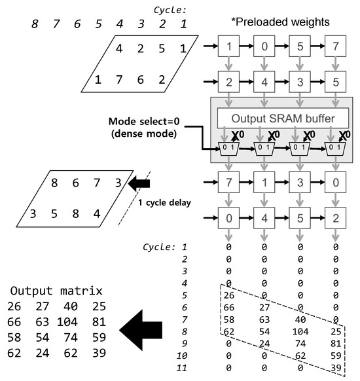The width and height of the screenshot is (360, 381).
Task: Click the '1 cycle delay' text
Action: [x=164, y=203]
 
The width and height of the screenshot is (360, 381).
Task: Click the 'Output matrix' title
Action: [x=58, y=291]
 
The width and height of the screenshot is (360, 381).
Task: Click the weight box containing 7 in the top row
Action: [x=335, y=48]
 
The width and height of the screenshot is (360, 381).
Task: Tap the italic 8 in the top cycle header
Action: [x=34, y=25]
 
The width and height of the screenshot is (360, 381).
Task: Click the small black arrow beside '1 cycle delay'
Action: [x=139, y=185]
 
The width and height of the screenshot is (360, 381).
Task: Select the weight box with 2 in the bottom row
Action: [x=335, y=217]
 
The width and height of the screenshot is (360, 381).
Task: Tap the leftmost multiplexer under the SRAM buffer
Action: [x=229, y=145]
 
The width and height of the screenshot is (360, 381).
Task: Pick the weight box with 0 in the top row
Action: [x=264, y=48]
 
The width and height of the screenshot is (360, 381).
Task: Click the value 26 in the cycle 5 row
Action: [x=229, y=295]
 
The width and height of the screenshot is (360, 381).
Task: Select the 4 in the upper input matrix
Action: [x=119, y=48]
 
